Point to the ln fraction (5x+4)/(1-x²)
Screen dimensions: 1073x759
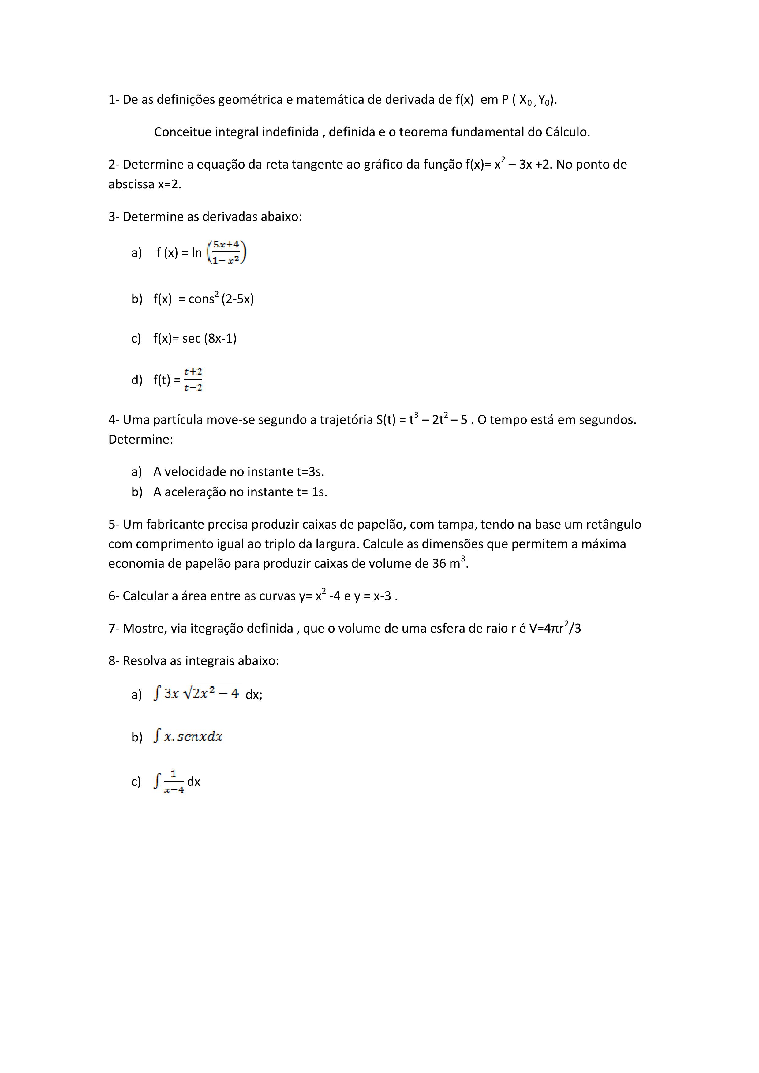(226, 252)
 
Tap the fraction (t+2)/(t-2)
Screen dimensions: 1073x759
(193, 380)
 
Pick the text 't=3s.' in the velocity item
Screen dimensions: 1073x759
(311, 472)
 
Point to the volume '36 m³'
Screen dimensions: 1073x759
(449, 564)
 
